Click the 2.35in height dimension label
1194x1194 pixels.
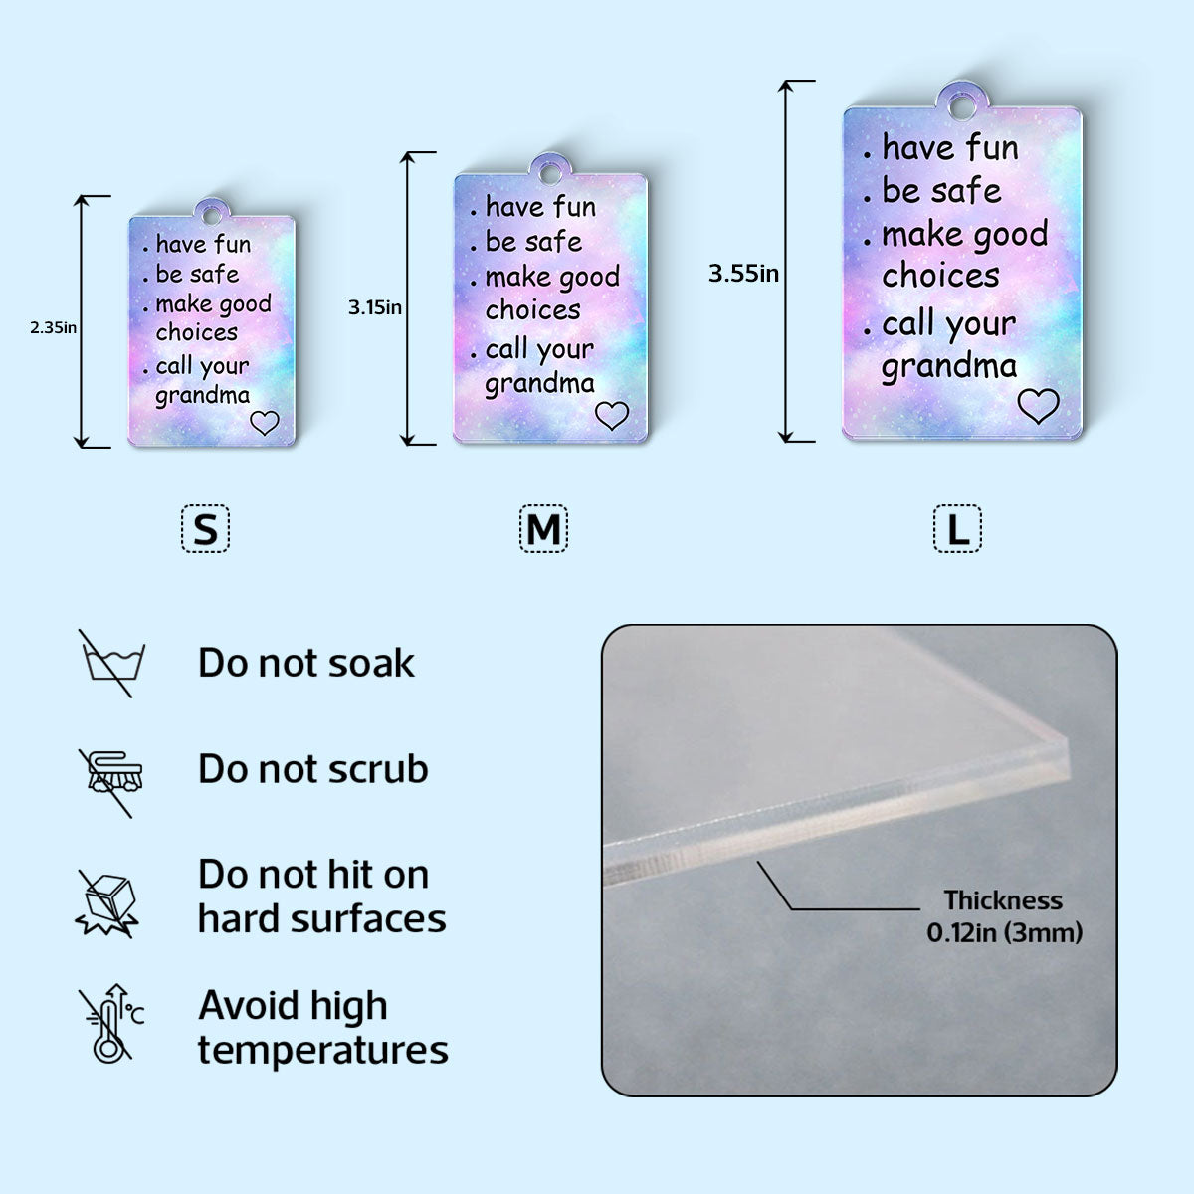(x=54, y=327)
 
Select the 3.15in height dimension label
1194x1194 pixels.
(x=375, y=307)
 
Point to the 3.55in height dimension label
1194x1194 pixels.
(x=743, y=274)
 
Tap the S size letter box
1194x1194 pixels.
(x=206, y=529)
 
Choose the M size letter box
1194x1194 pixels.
(x=543, y=529)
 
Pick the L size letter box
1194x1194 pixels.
(x=957, y=529)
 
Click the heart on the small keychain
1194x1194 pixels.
(x=265, y=423)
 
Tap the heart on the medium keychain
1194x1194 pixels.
(x=612, y=415)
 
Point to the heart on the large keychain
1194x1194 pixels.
(x=1038, y=406)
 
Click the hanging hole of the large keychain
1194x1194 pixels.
(x=961, y=106)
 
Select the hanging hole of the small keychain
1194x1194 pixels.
(x=211, y=216)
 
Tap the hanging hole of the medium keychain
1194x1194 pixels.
(x=549, y=174)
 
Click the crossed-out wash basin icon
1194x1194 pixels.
(x=112, y=663)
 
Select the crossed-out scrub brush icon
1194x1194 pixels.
(x=110, y=783)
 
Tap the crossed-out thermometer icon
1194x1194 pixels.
(x=111, y=1024)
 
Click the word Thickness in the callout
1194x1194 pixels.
(x=1003, y=900)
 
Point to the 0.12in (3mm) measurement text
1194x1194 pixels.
(x=1004, y=932)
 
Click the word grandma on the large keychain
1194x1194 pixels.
(x=949, y=366)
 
